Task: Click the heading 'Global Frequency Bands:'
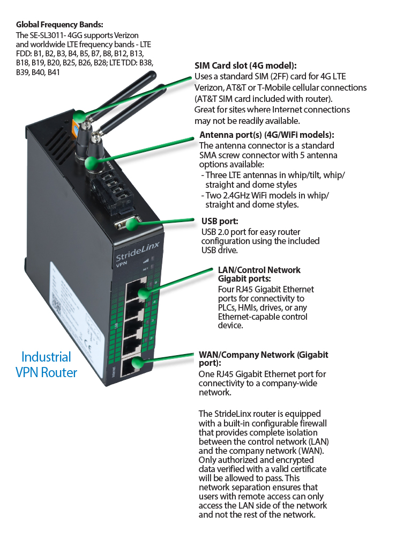tap(59, 25)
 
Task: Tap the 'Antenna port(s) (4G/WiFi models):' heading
tap(266, 135)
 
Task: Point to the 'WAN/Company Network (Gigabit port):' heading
tap(263, 359)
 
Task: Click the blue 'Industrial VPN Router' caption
tap(46, 364)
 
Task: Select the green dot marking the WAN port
tap(138, 364)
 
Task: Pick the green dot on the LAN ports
tap(143, 293)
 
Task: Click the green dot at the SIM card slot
tap(79, 115)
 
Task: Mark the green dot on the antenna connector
tap(92, 161)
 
